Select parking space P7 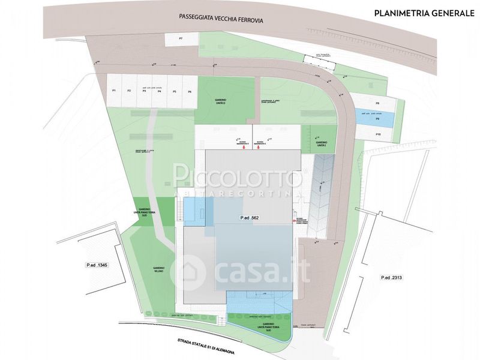(180, 39)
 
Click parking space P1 (114, 91)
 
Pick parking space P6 (189, 91)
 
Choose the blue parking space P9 (377, 119)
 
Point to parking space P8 (377, 103)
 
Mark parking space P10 (378, 134)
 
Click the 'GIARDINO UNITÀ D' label (219, 102)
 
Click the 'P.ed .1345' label (96, 265)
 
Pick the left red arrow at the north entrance (244, 148)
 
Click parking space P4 (159, 91)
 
